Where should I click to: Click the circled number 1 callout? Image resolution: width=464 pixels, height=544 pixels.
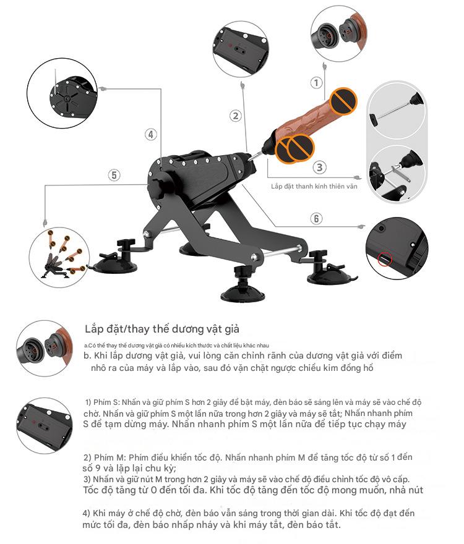(x=316, y=83)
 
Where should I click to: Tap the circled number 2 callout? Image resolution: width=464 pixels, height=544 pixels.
(x=235, y=116)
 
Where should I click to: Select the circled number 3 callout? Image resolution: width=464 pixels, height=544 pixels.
(x=319, y=167)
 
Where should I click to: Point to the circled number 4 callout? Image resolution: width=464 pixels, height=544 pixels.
(x=150, y=134)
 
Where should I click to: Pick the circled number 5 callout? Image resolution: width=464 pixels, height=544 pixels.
(x=114, y=175)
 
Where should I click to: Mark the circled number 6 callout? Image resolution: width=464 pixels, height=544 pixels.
(x=316, y=218)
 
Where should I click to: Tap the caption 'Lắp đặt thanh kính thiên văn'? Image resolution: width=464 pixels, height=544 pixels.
(x=316, y=186)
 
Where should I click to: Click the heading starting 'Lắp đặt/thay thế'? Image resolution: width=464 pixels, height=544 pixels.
(x=162, y=329)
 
